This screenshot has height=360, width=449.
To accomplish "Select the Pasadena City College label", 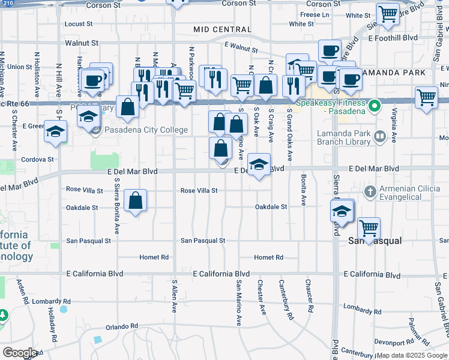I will click(x=146, y=130).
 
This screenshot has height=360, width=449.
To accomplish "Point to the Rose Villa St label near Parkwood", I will click(x=199, y=191).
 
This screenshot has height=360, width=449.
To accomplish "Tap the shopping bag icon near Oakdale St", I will click(x=136, y=200).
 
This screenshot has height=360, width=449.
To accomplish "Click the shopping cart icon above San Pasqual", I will click(x=369, y=228).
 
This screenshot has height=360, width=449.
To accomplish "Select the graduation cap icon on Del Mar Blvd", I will click(x=258, y=164).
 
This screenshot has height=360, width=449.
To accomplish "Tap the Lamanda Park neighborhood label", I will click(x=396, y=73).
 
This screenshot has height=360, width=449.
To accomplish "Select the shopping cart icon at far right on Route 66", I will click(x=426, y=96).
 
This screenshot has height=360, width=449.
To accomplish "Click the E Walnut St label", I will click(x=241, y=47).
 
